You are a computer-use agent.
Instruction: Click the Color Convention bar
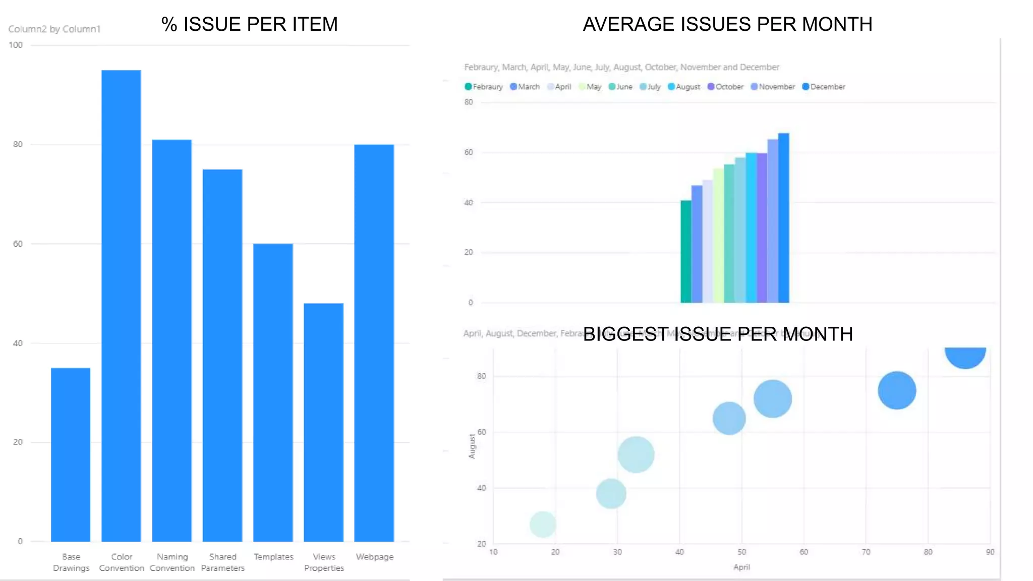click(121, 305)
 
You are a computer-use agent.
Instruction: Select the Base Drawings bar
click(71, 454)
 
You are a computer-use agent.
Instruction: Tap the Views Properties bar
click(323, 422)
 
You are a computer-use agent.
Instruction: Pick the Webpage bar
click(374, 343)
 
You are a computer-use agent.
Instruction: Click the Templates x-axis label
click(273, 557)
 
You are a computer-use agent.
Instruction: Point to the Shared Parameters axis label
click(222, 562)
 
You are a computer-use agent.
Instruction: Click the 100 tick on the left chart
click(16, 45)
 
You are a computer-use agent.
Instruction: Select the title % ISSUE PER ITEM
click(249, 24)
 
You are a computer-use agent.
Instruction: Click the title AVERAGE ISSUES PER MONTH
click(727, 24)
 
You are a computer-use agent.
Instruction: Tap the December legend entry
click(824, 87)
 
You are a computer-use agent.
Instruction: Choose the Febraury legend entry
click(484, 87)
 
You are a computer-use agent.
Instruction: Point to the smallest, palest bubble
click(543, 524)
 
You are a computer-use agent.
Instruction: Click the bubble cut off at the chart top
click(965, 356)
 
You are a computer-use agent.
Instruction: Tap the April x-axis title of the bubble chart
click(741, 567)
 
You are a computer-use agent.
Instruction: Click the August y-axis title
click(472, 446)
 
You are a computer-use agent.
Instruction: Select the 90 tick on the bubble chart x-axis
click(990, 552)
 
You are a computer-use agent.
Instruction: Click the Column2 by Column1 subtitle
click(54, 29)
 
